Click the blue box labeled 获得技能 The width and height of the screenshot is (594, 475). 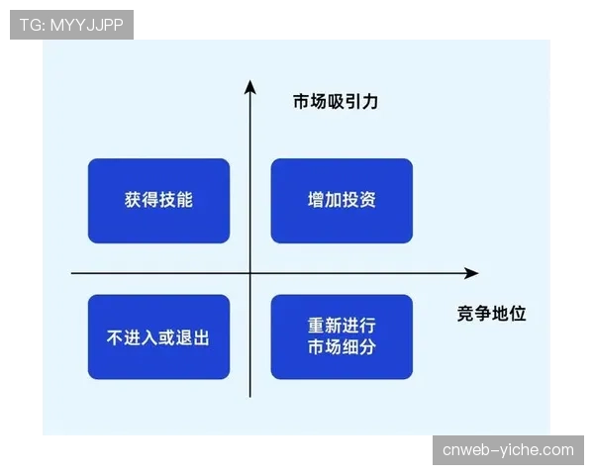158,201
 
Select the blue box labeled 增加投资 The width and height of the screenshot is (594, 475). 342,201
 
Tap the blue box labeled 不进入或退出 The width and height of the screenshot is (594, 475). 158,336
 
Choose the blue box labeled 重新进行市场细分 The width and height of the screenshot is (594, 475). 342,336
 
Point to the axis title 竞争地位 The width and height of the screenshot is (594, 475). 492,313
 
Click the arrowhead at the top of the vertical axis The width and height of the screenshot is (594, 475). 249,86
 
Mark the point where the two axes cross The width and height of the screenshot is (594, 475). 249,273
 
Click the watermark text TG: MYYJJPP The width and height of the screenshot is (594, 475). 71,25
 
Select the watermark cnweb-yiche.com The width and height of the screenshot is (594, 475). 508,450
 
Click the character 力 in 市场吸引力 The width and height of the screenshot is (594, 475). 371,101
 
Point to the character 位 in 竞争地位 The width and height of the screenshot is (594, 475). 518,313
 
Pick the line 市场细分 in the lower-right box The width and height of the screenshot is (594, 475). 342,347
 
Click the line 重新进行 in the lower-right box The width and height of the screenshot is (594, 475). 342,326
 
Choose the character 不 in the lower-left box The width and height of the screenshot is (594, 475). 115,337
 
